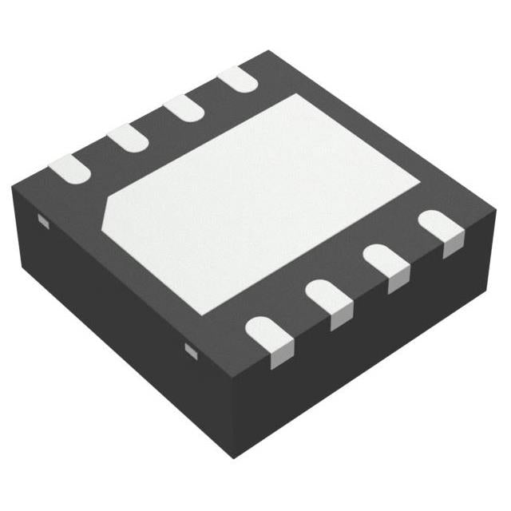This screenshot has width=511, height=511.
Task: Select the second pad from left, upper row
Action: (128, 137)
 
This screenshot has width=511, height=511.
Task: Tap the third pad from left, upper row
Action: (184, 109)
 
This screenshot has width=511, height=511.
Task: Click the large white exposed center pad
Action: (263, 196)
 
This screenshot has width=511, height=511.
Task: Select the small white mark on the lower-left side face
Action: (191, 350)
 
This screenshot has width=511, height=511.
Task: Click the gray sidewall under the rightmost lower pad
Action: (452, 247)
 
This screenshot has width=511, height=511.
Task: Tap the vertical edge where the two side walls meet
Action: (232, 415)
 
